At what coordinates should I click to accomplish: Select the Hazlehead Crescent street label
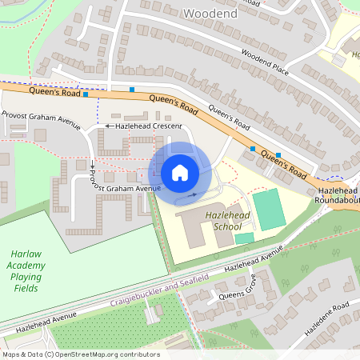point(150,126)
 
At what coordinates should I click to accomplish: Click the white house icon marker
point(180,172)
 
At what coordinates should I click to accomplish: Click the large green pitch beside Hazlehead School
point(269,208)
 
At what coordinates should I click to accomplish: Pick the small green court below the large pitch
point(244,238)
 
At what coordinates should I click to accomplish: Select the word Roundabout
point(338,201)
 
